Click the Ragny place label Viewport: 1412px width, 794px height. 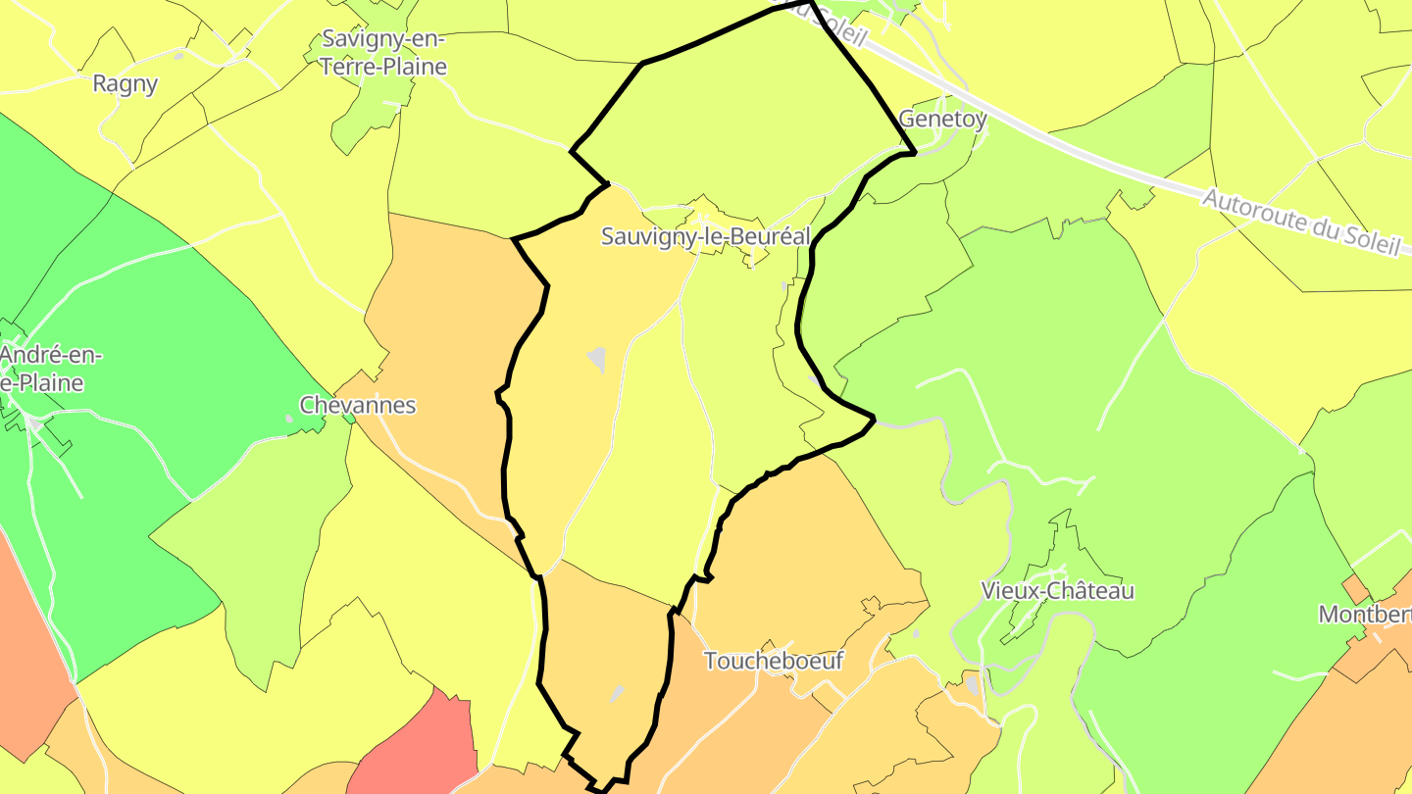125,84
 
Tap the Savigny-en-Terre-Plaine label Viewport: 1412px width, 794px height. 383,53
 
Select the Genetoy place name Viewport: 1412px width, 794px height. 942,119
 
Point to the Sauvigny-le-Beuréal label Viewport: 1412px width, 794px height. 705,236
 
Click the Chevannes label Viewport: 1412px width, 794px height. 358,405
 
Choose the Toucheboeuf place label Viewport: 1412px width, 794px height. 774,661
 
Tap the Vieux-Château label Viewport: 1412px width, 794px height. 1057,591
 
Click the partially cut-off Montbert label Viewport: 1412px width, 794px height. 1364,615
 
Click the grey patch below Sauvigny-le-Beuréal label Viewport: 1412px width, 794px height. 596,360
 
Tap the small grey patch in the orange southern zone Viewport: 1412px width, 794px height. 616,694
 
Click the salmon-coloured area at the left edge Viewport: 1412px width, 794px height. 25,637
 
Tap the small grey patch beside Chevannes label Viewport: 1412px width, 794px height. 289,419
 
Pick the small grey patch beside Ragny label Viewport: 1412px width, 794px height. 178,56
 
